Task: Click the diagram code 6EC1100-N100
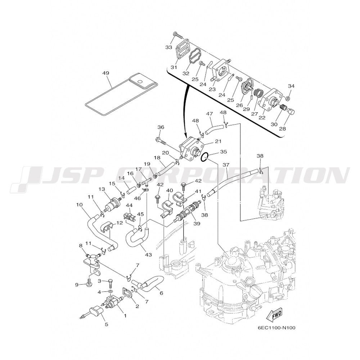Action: pyautogui.click(x=277, y=328)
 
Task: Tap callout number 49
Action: pyautogui.click(x=106, y=73)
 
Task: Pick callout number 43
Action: pyautogui.click(x=149, y=255)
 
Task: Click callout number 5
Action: pyautogui.click(x=107, y=324)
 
